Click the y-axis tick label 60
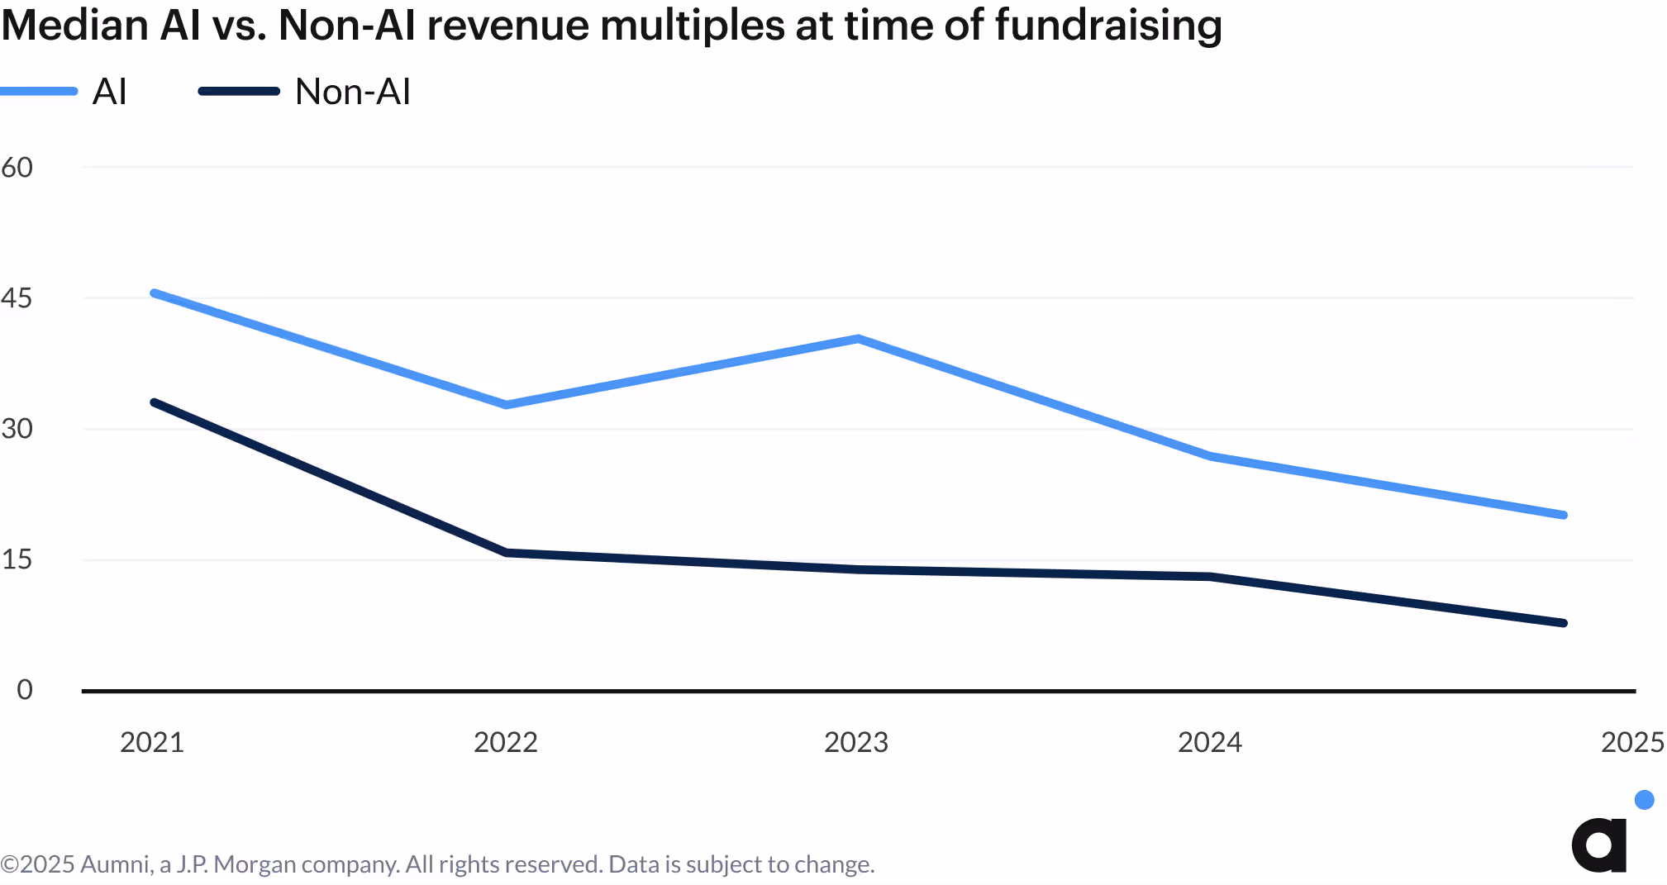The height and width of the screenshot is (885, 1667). point(17,168)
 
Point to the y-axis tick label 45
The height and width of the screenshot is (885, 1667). point(17,298)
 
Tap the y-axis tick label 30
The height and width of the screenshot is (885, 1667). point(17,429)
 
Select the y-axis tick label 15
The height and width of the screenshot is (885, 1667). point(17,559)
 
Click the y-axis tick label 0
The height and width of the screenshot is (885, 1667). point(25,690)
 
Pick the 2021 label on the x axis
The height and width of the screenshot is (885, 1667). point(152,742)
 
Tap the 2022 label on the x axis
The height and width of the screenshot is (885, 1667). point(505,742)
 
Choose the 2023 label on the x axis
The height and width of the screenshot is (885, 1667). point(856,742)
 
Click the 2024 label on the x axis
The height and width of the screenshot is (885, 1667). point(1209,742)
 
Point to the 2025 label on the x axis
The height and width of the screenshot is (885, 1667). point(1632,742)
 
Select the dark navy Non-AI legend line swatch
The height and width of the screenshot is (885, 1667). point(239,91)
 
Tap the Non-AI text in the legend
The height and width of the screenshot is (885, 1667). point(353,92)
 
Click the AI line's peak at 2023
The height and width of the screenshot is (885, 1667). point(859,338)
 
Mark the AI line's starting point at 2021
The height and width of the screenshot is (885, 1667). point(155,293)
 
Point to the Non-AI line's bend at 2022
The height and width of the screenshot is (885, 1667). point(507,552)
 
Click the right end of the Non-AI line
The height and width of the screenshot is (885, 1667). point(1563,623)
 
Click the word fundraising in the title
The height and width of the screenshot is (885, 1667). point(1107,25)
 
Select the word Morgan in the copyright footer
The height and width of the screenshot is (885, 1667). point(255,864)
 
